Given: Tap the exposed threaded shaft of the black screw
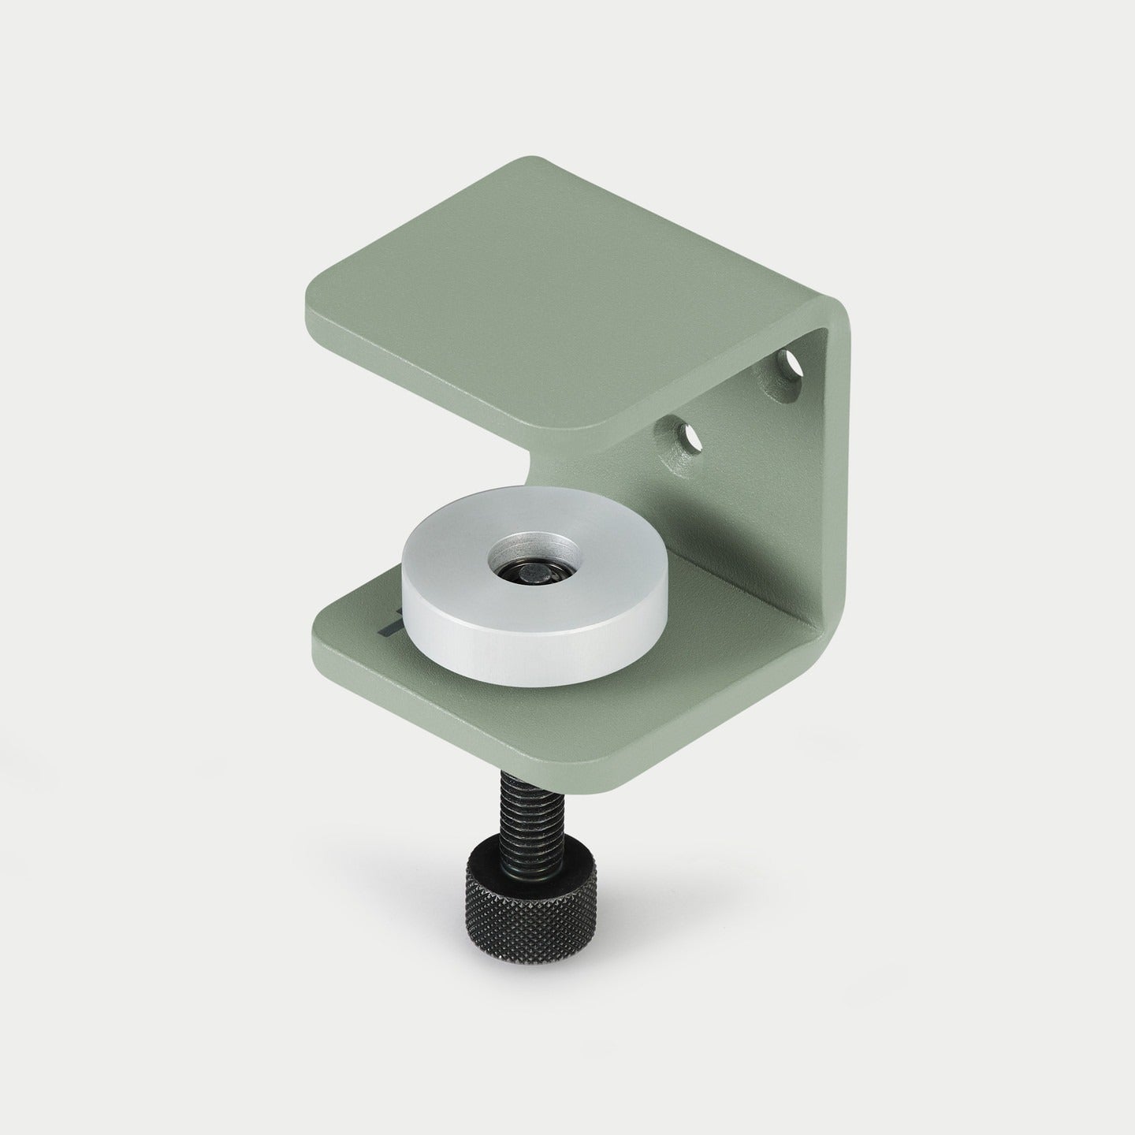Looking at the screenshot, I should pos(504,819).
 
